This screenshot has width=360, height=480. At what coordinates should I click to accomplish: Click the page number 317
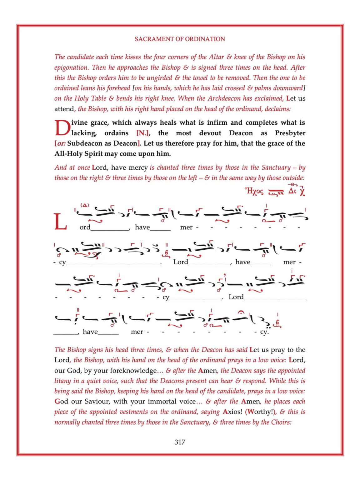[180, 442]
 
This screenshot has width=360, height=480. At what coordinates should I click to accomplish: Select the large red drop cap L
[61, 222]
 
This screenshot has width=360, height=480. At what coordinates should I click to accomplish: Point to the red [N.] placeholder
[143, 133]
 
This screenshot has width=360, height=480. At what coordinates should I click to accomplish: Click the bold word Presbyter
[290, 133]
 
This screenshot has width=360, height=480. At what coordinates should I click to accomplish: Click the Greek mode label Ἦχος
[254, 191]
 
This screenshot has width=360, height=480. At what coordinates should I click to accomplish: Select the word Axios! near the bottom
[232, 412]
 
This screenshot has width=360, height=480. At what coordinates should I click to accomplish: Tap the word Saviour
[97, 401]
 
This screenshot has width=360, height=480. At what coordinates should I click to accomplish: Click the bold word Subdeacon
[84, 143]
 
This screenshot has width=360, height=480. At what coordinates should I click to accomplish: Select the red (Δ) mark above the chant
[85, 205]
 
